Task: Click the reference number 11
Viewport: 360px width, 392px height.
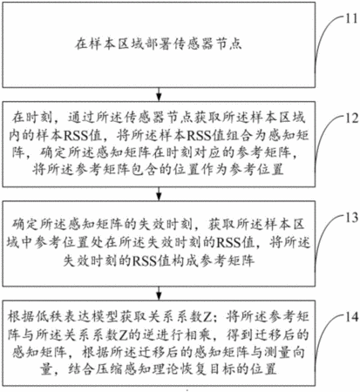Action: pyautogui.click(x=351, y=18)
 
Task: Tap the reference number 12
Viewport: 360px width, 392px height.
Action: pyautogui.click(x=351, y=118)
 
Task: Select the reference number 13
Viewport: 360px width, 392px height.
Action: pyautogui.click(x=351, y=218)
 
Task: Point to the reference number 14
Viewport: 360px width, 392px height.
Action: pyautogui.click(x=351, y=317)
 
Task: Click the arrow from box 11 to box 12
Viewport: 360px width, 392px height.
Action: pyautogui.click(x=159, y=94)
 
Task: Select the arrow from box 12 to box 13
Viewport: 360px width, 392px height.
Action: pyautogui.click(x=159, y=193)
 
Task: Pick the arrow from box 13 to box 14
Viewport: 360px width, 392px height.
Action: pyautogui.click(x=159, y=294)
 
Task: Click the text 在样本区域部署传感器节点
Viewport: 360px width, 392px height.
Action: pyautogui.click(x=159, y=44)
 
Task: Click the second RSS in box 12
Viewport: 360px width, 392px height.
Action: pyautogui.click(x=199, y=135)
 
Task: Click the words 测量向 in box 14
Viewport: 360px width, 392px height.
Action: pyautogui.click(x=287, y=352)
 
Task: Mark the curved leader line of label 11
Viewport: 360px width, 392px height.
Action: pyautogui.click(x=324, y=36)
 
